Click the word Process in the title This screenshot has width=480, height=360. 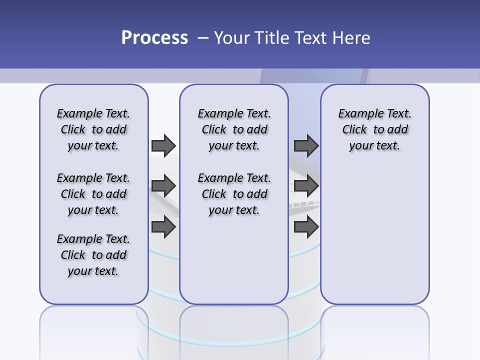point(154,37)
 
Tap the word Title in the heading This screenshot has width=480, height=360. point(273,37)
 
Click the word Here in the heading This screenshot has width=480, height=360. point(352,37)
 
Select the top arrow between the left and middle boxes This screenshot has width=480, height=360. point(163,145)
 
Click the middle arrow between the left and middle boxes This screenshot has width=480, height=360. point(163,186)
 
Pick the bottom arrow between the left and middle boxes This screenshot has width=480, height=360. point(163,227)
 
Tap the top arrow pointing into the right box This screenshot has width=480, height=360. point(306,145)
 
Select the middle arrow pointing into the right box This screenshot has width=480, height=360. point(306,186)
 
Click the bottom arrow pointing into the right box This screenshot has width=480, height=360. point(306,227)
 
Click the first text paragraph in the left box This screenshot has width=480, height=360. point(93,129)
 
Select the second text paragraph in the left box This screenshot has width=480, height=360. point(93,194)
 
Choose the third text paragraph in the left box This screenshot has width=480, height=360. point(93,255)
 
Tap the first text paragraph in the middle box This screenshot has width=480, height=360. point(234,129)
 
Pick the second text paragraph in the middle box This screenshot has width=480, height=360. point(234,194)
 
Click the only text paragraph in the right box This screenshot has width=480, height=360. point(374,129)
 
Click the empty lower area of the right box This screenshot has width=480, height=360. point(374,235)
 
